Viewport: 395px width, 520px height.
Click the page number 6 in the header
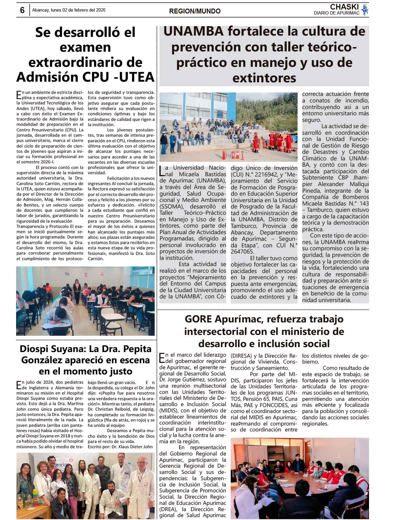tap(22, 10)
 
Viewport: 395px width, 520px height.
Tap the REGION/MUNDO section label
tap(195, 11)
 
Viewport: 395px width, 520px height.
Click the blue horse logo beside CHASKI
tap(365, 10)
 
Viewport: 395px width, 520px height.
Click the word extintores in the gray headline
tap(264, 78)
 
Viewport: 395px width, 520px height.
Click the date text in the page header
tap(69, 10)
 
